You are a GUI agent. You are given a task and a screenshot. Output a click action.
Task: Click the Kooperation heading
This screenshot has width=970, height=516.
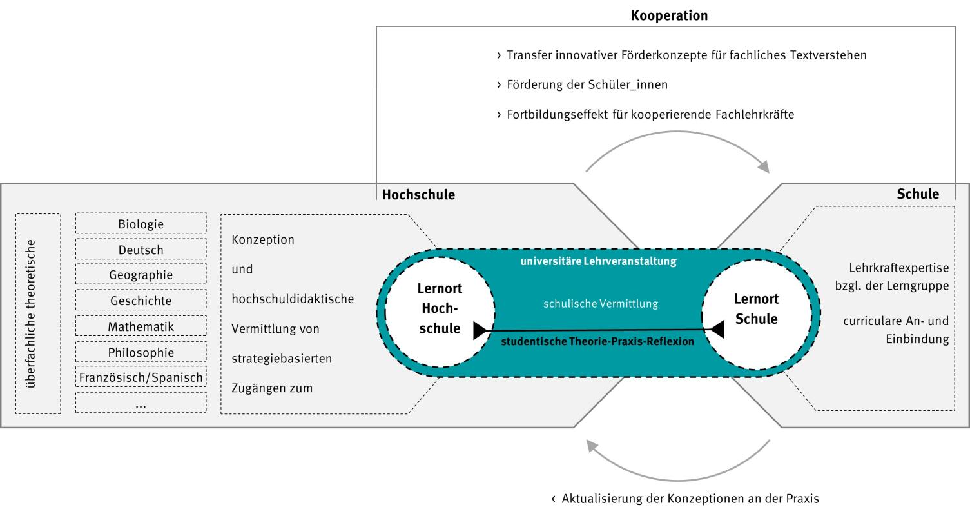pos(668,16)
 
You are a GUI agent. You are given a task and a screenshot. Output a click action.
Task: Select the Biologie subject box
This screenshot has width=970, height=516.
pos(141,224)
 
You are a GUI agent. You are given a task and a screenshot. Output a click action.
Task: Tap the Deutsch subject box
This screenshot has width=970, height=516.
pos(141,250)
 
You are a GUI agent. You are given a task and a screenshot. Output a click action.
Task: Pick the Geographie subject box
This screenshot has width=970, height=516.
pos(141,275)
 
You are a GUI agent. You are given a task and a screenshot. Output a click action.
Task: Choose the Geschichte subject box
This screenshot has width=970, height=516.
pos(141,301)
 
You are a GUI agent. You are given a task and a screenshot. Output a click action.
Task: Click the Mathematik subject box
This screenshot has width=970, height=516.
pos(141,326)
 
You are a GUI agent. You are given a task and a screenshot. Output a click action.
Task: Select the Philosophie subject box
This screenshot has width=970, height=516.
pos(141,352)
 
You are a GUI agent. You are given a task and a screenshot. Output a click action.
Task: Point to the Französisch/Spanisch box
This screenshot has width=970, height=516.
pos(141,377)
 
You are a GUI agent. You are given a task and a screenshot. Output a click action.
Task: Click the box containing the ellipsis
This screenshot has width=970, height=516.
pos(141,403)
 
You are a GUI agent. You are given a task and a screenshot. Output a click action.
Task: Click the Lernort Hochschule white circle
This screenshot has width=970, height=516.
pos(440,309)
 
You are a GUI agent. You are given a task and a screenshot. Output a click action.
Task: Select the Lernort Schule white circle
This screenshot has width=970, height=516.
pos(756,309)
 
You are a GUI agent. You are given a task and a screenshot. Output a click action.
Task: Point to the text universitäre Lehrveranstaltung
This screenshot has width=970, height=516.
pos(599,262)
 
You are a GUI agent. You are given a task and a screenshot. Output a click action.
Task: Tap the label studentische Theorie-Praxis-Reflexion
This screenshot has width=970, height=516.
pos(597,342)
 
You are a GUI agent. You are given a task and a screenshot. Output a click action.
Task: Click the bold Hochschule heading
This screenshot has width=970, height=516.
pos(418,195)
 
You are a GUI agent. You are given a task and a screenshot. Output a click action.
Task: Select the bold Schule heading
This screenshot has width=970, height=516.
pos(918,194)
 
